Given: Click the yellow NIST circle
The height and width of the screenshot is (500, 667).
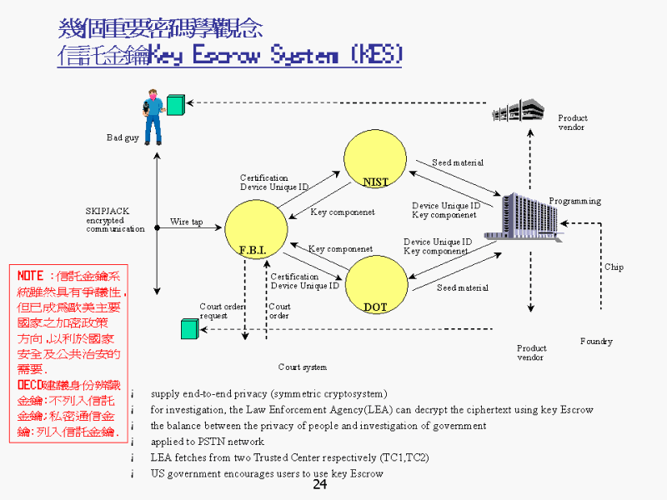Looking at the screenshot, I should point(376,159).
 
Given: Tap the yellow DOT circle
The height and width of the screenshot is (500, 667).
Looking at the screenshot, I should point(376,284).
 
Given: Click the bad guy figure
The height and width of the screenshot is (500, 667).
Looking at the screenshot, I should point(153,117).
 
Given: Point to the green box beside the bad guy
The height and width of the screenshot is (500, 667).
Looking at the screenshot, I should point(175,104).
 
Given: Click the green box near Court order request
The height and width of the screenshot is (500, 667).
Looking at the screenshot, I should point(190,329).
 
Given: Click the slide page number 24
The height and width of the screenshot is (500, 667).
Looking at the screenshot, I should point(320,485).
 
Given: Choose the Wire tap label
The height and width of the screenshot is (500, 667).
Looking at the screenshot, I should point(186,222).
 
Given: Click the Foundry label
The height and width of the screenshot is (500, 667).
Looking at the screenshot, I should point(596,342).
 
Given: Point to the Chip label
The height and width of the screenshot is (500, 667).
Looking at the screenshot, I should point(614,267).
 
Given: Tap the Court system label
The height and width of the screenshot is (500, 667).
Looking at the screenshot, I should point(303,367).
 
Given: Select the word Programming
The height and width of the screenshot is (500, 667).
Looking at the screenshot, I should point(574,201).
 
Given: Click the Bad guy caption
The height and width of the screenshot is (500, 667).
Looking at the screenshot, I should point(123,137).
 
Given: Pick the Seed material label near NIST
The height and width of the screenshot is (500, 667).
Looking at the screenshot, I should point(457,162).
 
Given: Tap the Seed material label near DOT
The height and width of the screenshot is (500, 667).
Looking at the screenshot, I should point(462,288).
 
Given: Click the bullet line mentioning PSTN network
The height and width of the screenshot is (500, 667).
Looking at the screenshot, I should point(208,442).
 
